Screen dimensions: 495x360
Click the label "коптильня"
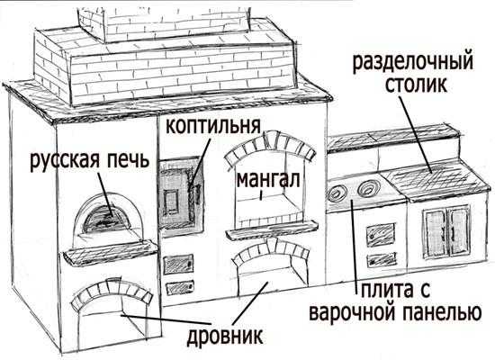(x=213, y=126)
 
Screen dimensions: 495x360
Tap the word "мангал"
(x=267, y=180)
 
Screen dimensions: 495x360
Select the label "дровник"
(x=225, y=337)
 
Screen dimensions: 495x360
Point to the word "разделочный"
(x=412, y=62)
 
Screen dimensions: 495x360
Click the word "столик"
(x=417, y=84)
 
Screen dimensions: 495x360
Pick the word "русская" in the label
(x=65, y=160)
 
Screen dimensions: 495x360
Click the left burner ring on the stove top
(x=337, y=193)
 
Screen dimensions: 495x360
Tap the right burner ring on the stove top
(x=366, y=187)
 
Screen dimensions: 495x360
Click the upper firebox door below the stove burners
(x=381, y=235)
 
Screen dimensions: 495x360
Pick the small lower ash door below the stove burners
(x=382, y=260)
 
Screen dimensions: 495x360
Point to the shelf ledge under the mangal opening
(x=272, y=229)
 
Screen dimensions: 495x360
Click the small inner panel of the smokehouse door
(x=171, y=202)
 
